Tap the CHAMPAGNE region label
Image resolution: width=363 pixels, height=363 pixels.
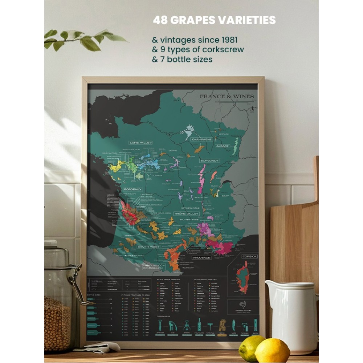click(202, 139)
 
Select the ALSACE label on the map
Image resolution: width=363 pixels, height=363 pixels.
click(222, 146)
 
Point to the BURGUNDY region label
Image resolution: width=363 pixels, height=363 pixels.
click(209, 160)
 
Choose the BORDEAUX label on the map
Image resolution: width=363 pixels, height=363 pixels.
click(132, 189)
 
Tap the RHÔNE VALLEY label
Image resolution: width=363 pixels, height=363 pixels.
click(187, 214)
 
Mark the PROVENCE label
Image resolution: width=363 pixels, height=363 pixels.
click(202, 257)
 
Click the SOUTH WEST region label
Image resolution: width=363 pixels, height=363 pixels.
click(148, 246)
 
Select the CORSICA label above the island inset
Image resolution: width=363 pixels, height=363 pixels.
click(249, 256)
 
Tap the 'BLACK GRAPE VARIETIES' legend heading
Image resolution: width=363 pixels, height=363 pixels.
click(168, 280)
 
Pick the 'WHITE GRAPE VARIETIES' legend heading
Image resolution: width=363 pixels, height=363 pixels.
click(205, 280)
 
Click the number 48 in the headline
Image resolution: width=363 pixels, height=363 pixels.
click(160, 20)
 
